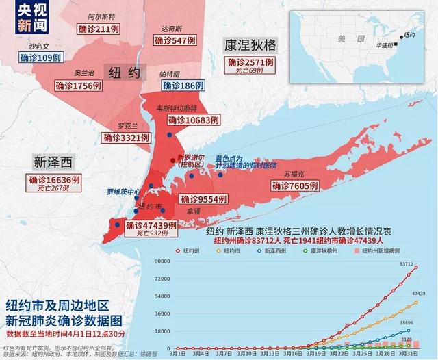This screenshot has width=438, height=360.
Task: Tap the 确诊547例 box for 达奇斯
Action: tap(175, 40)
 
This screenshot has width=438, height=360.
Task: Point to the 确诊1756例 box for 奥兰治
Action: tap(79, 86)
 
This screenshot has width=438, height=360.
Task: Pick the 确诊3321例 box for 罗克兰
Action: tap(126, 138)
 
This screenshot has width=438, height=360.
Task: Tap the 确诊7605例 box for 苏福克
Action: tap(294, 185)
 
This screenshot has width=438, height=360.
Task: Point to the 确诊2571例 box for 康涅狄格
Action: tap(250, 62)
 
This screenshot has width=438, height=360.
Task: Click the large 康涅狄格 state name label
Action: tap(250, 45)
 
